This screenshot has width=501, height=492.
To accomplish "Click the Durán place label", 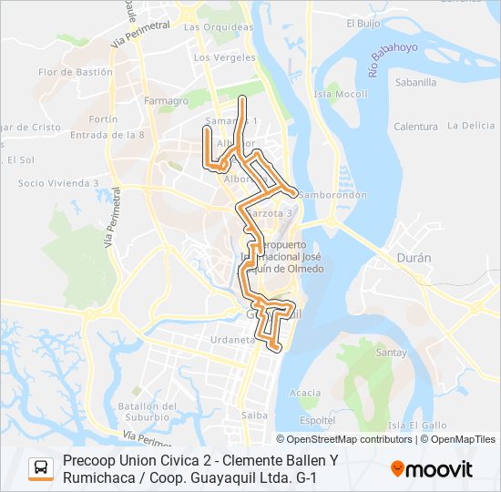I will point(414,258).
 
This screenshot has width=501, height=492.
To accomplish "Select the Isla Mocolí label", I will point(340,94).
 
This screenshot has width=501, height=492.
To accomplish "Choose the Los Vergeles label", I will point(224,56).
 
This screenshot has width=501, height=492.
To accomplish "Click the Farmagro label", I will point(166,100).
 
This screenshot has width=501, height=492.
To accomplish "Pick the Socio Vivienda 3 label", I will point(58,183).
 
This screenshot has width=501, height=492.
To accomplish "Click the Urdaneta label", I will point(232,339).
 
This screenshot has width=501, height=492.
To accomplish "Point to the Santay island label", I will point(391,352).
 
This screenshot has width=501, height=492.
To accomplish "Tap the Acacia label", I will point(304,393).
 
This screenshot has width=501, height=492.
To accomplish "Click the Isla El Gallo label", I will point(416,425).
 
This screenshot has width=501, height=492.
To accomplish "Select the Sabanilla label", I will point(415,82).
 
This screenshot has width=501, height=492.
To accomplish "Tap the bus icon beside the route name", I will point(41,468).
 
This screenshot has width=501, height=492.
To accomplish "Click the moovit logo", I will point(432,469).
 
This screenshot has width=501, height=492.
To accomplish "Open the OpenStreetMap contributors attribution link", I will point(344,439).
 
